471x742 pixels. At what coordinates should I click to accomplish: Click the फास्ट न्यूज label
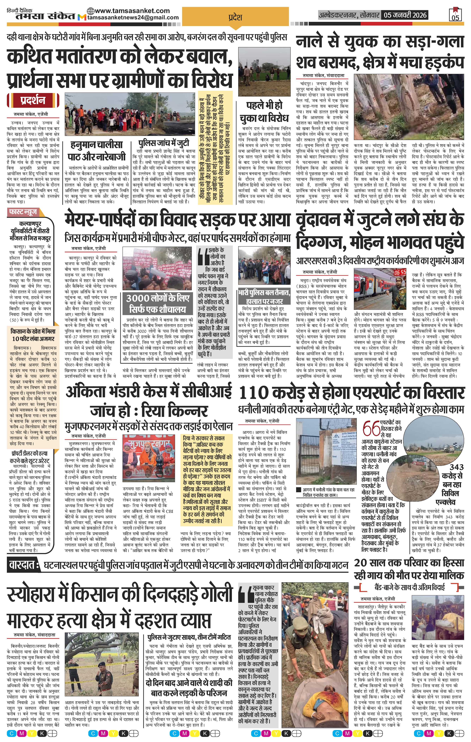pos(23,212)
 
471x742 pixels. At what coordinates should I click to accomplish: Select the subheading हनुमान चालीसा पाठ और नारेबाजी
pos(96,150)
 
